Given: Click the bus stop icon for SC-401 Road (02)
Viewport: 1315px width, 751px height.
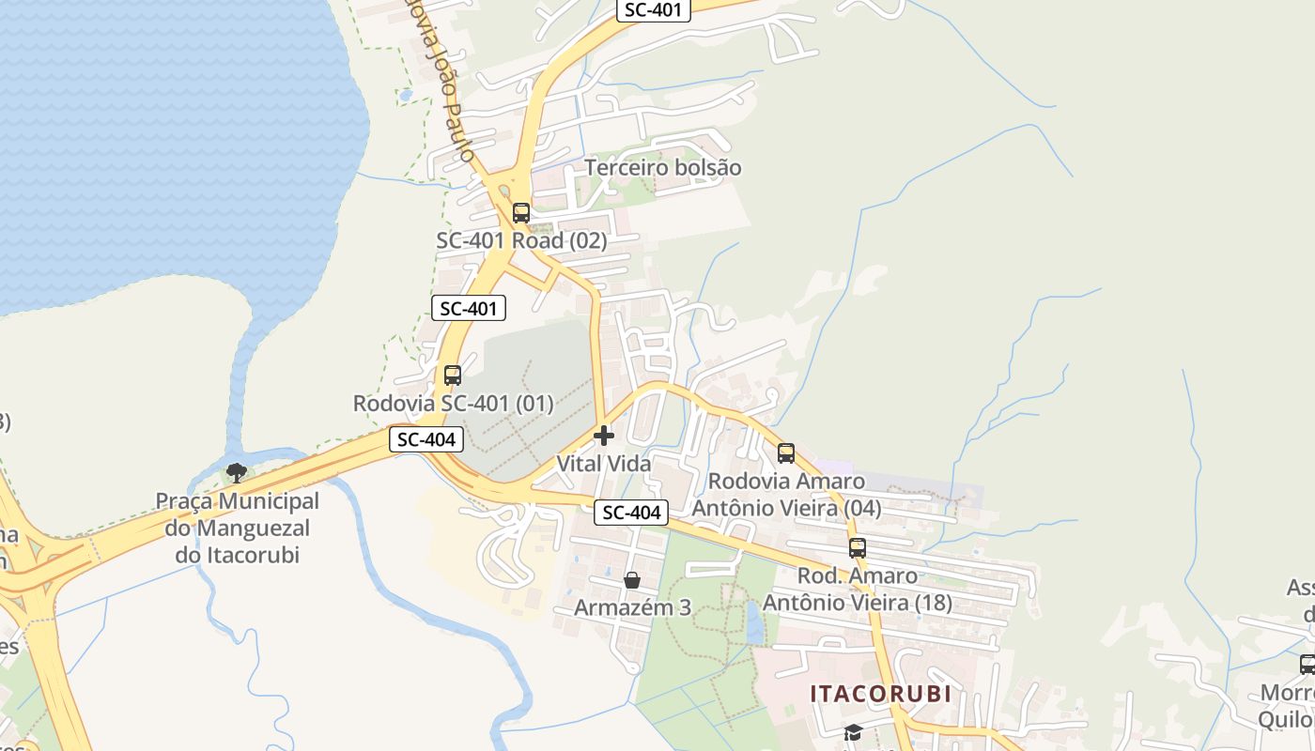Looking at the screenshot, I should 521,213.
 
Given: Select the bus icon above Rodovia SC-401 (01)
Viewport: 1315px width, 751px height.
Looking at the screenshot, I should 453,375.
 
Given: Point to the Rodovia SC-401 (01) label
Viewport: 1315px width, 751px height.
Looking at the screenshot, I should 453,404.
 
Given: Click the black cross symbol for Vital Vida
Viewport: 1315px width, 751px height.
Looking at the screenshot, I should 604,436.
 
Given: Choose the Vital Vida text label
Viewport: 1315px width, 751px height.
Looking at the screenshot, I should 604,463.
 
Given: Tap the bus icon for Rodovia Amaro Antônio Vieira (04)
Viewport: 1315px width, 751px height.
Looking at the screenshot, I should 786,453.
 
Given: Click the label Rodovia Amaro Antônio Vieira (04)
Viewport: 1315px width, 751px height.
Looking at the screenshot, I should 795,494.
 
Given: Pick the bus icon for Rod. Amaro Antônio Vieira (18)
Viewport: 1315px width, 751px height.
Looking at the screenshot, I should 858,548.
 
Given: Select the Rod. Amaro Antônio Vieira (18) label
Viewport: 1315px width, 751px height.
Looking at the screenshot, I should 858,589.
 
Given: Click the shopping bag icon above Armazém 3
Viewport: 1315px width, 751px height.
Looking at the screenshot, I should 632,580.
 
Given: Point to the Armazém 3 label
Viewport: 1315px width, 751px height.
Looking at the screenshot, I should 632,607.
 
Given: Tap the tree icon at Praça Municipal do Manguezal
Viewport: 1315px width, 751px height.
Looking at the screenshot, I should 237,472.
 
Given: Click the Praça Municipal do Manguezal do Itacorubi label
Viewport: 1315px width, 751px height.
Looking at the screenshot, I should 237,528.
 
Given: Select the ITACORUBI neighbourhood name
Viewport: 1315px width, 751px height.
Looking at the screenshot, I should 881,694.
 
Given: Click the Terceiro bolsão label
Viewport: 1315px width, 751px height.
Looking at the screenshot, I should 663,168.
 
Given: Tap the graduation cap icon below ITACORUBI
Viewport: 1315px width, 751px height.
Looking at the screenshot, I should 853,732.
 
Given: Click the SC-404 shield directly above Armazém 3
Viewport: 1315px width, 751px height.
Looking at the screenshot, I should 631,513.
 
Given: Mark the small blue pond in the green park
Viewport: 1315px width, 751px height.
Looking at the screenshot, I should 755,621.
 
